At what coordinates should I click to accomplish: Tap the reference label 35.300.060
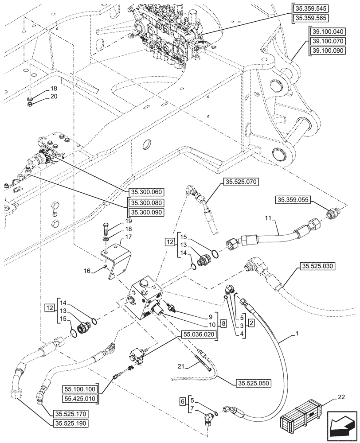pos(147,192)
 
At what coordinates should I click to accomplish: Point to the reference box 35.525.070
pos(241,181)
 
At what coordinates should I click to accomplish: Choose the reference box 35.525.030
pos(317,266)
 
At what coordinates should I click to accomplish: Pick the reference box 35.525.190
pos(72,424)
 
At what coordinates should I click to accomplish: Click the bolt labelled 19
pos(106,229)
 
